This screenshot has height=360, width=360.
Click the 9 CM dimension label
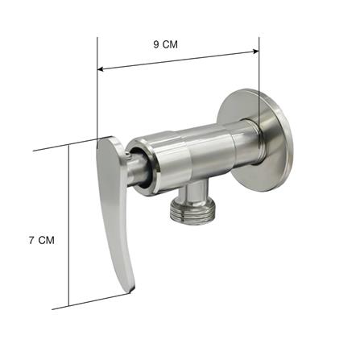[165, 44]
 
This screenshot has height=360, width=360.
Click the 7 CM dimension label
[42, 240]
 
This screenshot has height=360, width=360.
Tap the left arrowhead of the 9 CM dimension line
[101, 69]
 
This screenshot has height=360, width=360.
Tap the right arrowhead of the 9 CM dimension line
[255, 52]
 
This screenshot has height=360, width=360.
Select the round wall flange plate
[255, 139]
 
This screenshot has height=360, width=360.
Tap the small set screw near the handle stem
[127, 154]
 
